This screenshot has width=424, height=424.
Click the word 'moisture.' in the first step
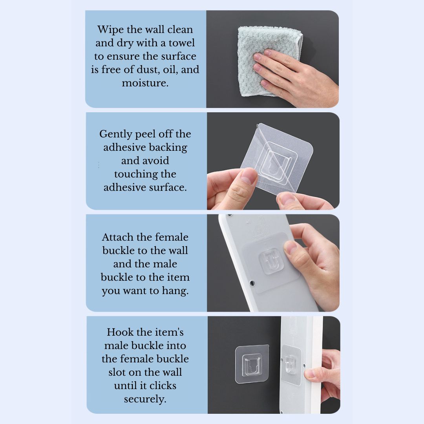(x=145, y=83)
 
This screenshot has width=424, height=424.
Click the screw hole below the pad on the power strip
(x=252, y=283)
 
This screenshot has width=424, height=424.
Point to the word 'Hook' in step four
(x=118, y=332)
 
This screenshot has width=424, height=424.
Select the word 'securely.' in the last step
(x=145, y=399)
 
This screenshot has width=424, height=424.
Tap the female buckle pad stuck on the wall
(x=252, y=364)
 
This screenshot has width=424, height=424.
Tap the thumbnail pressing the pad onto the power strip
(x=290, y=248)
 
